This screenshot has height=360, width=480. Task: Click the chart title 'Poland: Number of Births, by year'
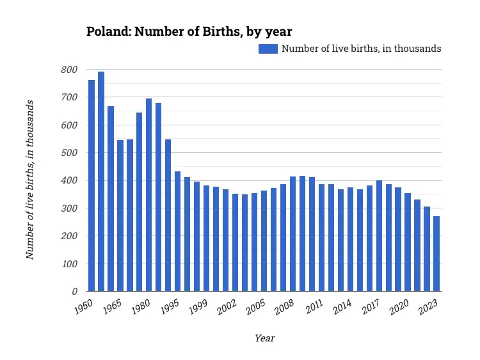[189, 31]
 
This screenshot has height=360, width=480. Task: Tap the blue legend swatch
[268, 49]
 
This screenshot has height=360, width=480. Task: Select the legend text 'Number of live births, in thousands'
[361, 49]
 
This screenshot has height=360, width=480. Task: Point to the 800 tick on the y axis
[70, 70]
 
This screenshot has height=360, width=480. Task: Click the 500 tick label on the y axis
[70, 153]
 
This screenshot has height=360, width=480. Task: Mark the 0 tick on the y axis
[74, 292]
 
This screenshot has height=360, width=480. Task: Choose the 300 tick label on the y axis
[70, 208]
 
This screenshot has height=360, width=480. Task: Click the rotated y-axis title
[29, 180]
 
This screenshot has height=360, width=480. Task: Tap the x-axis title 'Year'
[264, 338]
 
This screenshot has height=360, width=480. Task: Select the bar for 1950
[92, 185]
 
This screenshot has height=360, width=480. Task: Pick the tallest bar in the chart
[101, 182]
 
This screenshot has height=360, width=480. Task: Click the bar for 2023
[436, 254]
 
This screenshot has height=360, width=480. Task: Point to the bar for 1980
[149, 195]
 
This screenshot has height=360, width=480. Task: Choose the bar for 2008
[293, 234]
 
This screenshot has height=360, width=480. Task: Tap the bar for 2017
[379, 236]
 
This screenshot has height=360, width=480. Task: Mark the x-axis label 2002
[227, 306]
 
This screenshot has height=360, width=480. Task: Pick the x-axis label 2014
[341, 306]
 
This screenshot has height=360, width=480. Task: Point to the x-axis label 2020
[399, 306]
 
